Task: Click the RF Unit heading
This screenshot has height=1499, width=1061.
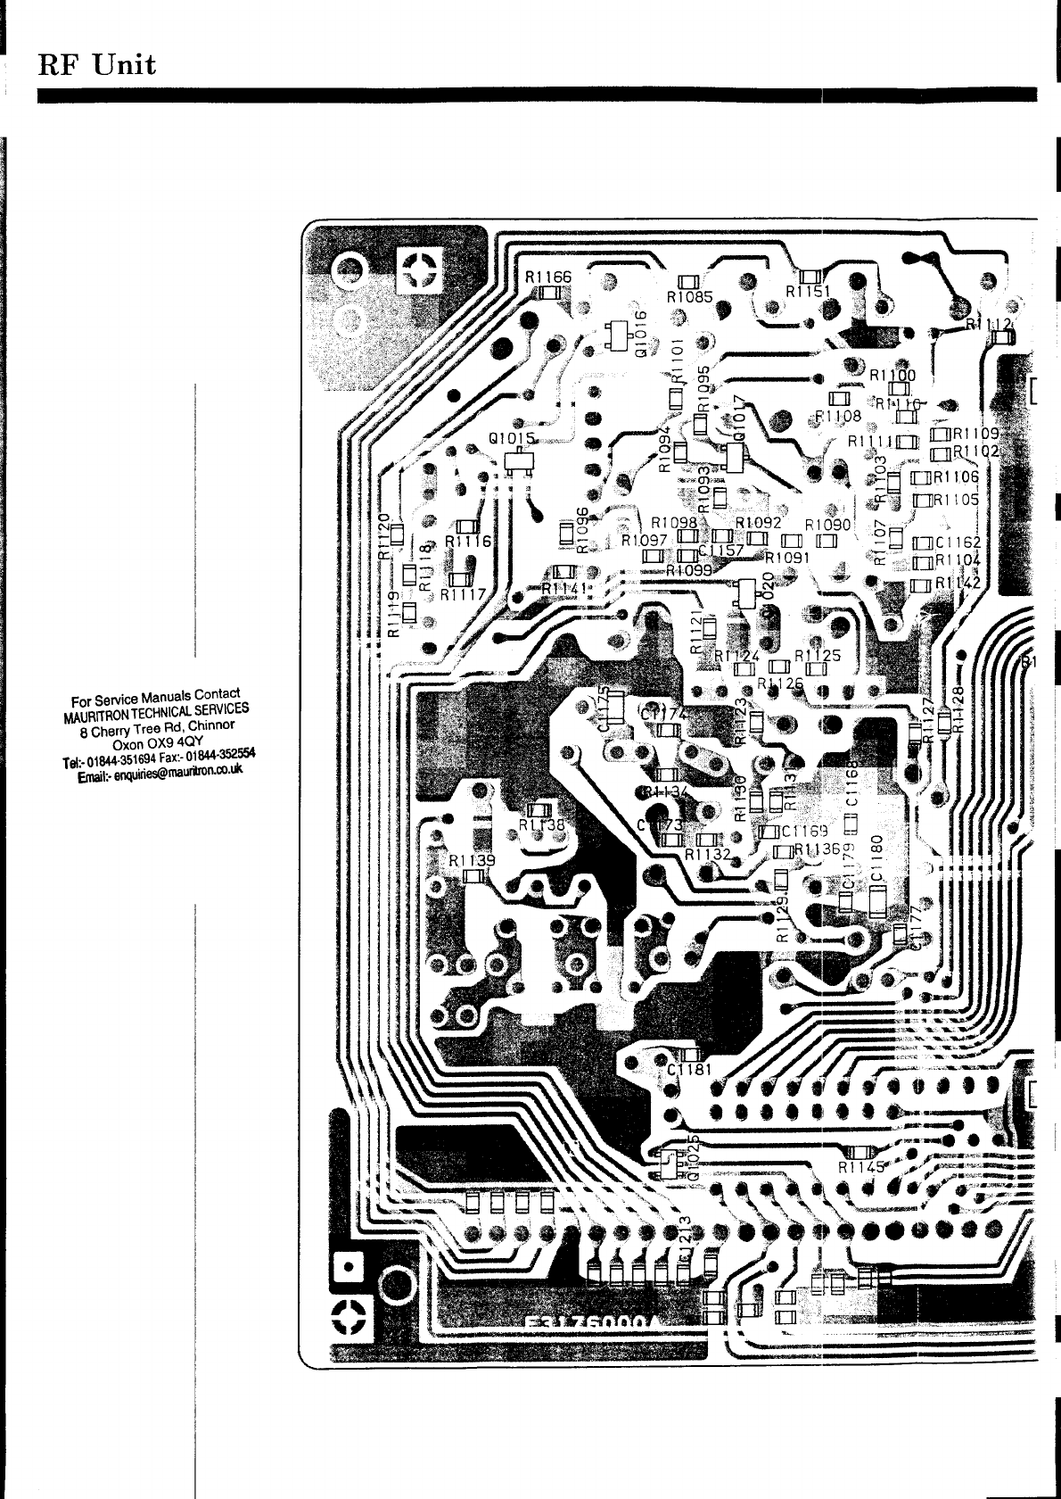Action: tap(96, 64)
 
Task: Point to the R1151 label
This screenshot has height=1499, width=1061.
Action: tap(808, 292)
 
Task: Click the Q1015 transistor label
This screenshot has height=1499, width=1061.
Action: tap(512, 439)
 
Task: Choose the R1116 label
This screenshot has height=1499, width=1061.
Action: tap(468, 541)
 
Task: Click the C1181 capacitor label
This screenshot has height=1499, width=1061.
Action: tap(688, 1070)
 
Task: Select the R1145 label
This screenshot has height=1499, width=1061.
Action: tap(861, 1166)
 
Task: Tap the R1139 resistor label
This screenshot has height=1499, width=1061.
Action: tap(472, 861)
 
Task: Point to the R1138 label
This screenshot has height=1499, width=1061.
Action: tap(541, 824)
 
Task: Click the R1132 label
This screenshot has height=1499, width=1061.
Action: tap(708, 854)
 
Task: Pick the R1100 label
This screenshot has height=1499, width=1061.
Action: tap(887, 376)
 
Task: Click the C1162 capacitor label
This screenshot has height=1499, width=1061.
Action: tap(958, 542)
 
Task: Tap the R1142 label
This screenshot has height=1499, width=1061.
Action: tap(958, 583)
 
